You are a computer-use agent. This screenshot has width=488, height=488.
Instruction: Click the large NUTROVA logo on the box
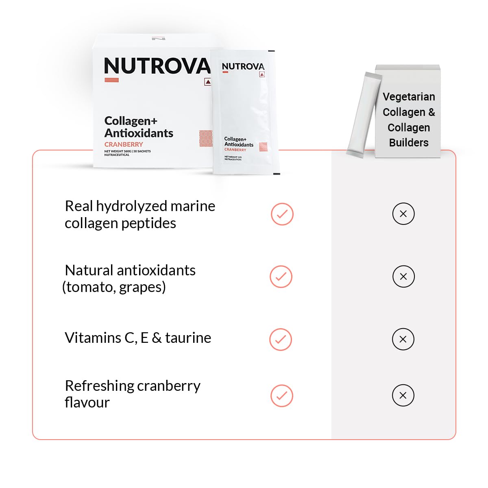tap(157, 66)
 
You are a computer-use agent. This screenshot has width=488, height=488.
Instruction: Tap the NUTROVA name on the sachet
tap(243, 66)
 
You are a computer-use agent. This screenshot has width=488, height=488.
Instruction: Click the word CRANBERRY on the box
tap(124, 144)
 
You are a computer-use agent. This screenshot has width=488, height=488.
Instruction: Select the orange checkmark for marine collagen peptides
tap(282, 214)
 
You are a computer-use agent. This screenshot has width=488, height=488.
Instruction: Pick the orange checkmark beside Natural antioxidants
tap(281, 277)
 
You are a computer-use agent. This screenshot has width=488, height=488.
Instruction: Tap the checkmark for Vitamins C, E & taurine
tap(281, 339)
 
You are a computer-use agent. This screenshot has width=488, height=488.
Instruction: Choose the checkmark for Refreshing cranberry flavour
tap(281, 395)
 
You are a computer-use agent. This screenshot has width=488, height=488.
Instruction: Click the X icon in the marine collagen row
tap(403, 214)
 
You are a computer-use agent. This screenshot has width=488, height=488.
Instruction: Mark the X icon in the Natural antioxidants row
tap(403, 277)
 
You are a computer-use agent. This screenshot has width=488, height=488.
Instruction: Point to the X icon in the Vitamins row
tap(403, 339)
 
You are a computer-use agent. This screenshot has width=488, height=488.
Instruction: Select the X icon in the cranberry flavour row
tap(403, 395)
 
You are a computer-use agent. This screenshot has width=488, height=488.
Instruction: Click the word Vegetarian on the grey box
tap(409, 97)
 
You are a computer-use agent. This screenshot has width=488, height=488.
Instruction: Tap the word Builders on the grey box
tap(409, 143)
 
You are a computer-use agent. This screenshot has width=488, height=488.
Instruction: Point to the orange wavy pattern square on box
tap(206, 138)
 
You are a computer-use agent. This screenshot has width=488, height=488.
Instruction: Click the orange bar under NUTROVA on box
tap(111, 80)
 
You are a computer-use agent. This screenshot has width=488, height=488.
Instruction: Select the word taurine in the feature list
tap(188, 338)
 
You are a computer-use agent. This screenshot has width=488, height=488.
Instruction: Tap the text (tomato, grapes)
tap(114, 287)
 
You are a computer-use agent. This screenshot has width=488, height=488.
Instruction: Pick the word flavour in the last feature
tap(87, 403)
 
